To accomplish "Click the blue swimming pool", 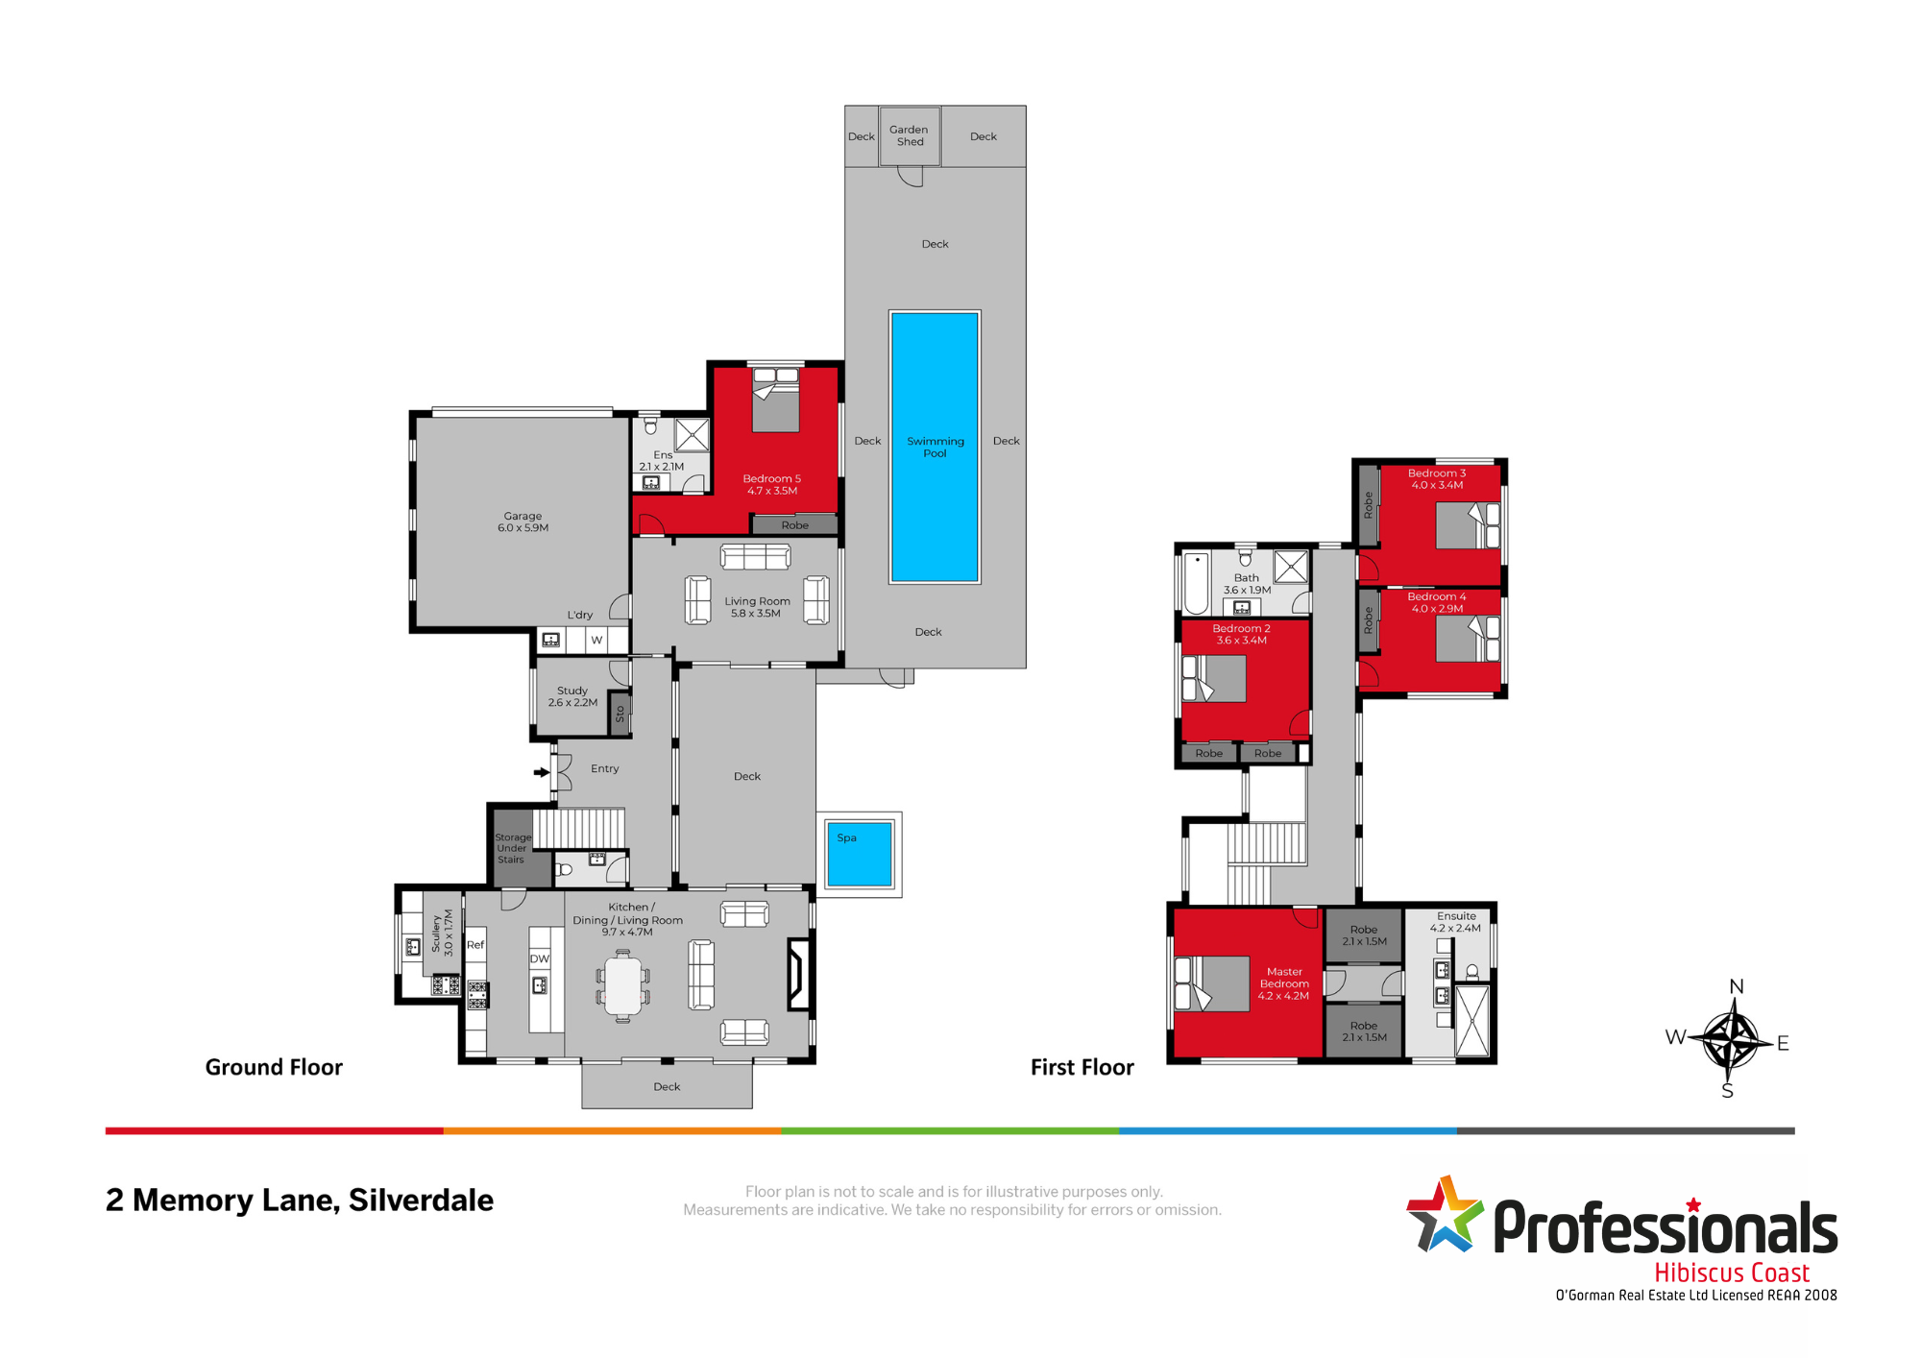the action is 935,447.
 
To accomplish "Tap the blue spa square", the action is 860,854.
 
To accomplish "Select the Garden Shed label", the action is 910,135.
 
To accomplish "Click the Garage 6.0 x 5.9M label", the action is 523,521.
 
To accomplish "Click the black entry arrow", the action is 542,771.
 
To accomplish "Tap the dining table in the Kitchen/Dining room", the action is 622,985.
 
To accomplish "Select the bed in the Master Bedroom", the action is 1212,982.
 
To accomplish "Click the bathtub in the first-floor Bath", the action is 1197,582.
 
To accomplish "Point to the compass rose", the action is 1732,1039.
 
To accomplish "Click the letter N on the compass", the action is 1737,986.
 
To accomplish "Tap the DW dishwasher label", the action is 540,958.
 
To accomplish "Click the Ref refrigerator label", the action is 475,944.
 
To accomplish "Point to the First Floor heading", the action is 1082,1067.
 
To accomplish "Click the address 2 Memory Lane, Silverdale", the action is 300,1200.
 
